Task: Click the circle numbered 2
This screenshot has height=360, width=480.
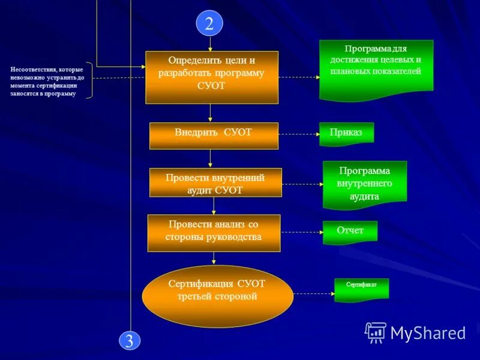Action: pos(209,23)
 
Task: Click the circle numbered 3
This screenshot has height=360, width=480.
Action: pos(130,341)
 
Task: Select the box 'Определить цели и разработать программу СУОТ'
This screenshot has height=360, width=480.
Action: pos(212,77)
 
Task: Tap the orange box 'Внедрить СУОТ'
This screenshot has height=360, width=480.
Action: pos(214,135)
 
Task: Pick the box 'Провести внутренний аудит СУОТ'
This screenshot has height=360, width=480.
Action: pos(215,182)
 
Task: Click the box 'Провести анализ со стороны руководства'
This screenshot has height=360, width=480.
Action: pos(214,233)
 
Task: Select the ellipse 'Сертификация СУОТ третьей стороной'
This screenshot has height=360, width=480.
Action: pos(217,296)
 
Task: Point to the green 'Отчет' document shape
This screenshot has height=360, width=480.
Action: pos(350,232)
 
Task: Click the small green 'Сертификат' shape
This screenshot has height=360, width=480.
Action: pos(361,289)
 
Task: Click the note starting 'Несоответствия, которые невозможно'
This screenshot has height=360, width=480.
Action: pos(47,82)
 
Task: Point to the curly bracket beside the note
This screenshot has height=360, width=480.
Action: pos(90,80)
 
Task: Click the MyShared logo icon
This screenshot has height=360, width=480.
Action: pos(376,332)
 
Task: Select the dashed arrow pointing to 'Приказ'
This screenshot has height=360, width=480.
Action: pos(299,134)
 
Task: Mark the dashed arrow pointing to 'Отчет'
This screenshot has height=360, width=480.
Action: pos(302,232)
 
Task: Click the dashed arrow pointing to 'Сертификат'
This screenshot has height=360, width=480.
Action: pos(314,293)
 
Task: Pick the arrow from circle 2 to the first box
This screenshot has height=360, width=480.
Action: pos(210,43)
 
